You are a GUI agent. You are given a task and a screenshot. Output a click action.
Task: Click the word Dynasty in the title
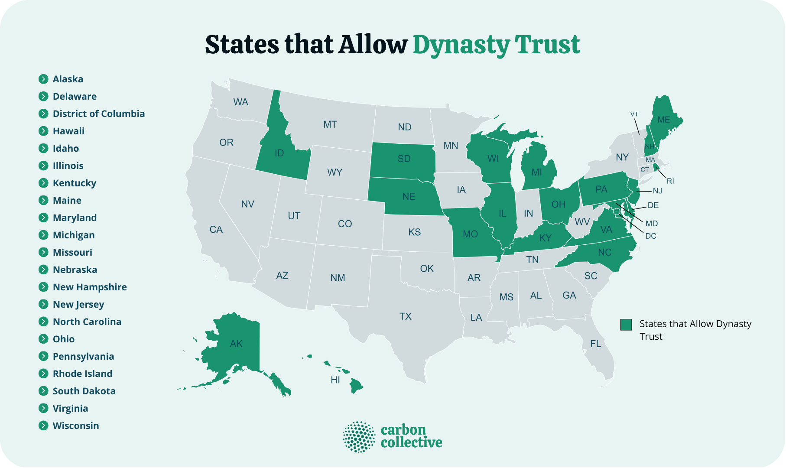(461, 45)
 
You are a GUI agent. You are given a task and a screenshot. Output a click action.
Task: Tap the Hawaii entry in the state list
(68, 131)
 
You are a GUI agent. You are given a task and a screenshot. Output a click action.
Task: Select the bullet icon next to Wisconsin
(43, 426)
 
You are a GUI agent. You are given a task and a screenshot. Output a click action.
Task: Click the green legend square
(626, 325)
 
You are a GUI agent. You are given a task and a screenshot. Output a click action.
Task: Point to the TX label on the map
(406, 316)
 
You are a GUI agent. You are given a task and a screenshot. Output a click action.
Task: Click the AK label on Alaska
(236, 344)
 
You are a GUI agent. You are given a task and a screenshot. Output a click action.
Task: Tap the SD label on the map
(404, 159)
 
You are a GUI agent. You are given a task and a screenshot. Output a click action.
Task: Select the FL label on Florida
(596, 344)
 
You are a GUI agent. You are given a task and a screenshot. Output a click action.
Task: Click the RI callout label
(670, 181)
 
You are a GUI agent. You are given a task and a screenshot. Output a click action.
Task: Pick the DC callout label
(651, 236)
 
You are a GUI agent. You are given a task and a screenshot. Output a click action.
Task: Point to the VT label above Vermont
(634, 114)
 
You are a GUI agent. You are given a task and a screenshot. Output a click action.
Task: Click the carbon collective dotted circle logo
(359, 437)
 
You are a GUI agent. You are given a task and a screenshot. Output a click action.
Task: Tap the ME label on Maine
(664, 120)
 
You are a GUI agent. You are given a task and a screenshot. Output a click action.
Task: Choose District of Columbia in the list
(99, 114)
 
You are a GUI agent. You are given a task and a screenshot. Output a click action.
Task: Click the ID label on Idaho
(279, 153)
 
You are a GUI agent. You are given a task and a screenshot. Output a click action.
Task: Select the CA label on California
(216, 229)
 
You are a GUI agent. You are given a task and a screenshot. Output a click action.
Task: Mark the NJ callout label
(657, 191)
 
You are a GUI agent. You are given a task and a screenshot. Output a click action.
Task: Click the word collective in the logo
(411, 443)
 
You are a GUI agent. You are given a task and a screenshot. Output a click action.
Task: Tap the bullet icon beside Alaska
(43, 79)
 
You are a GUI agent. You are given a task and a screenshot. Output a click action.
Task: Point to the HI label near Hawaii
(335, 380)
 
